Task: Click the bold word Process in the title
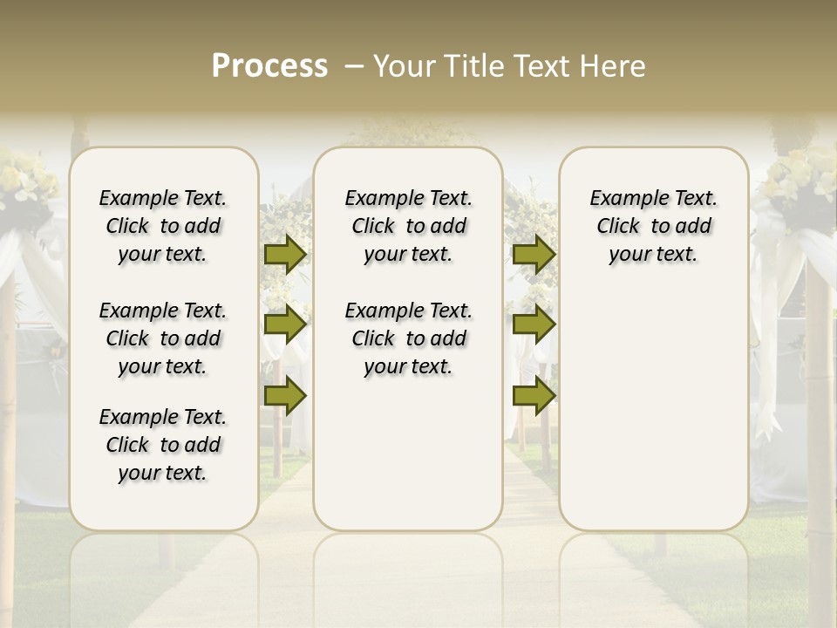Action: point(269,66)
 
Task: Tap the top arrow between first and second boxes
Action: point(285,254)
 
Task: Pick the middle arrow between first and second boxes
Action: point(285,324)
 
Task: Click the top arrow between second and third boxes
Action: point(534,254)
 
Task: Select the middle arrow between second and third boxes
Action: point(534,324)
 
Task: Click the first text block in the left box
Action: point(163,226)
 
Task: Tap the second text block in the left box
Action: point(163,338)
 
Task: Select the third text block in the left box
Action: point(163,445)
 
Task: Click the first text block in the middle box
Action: point(409,226)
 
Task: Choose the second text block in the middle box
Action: point(409,338)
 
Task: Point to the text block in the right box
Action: point(654,226)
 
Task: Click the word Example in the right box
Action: point(622,199)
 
